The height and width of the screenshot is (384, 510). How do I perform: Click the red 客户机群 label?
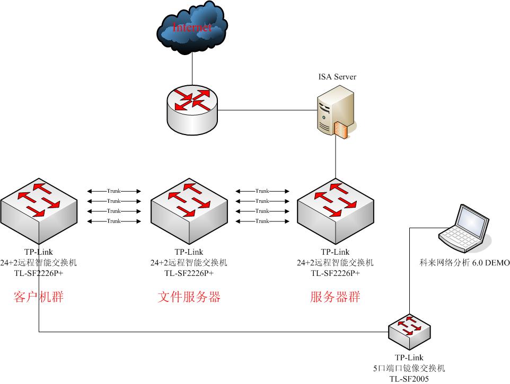tap(39, 297)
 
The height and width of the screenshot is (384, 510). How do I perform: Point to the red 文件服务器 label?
tap(189, 297)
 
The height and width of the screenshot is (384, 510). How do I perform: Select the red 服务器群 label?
tap(335, 297)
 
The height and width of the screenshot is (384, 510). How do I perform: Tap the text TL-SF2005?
tap(409, 379)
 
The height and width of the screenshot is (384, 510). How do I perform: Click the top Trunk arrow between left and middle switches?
tap(114, 191)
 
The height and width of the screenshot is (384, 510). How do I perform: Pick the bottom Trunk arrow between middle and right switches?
tap(262, 221)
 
